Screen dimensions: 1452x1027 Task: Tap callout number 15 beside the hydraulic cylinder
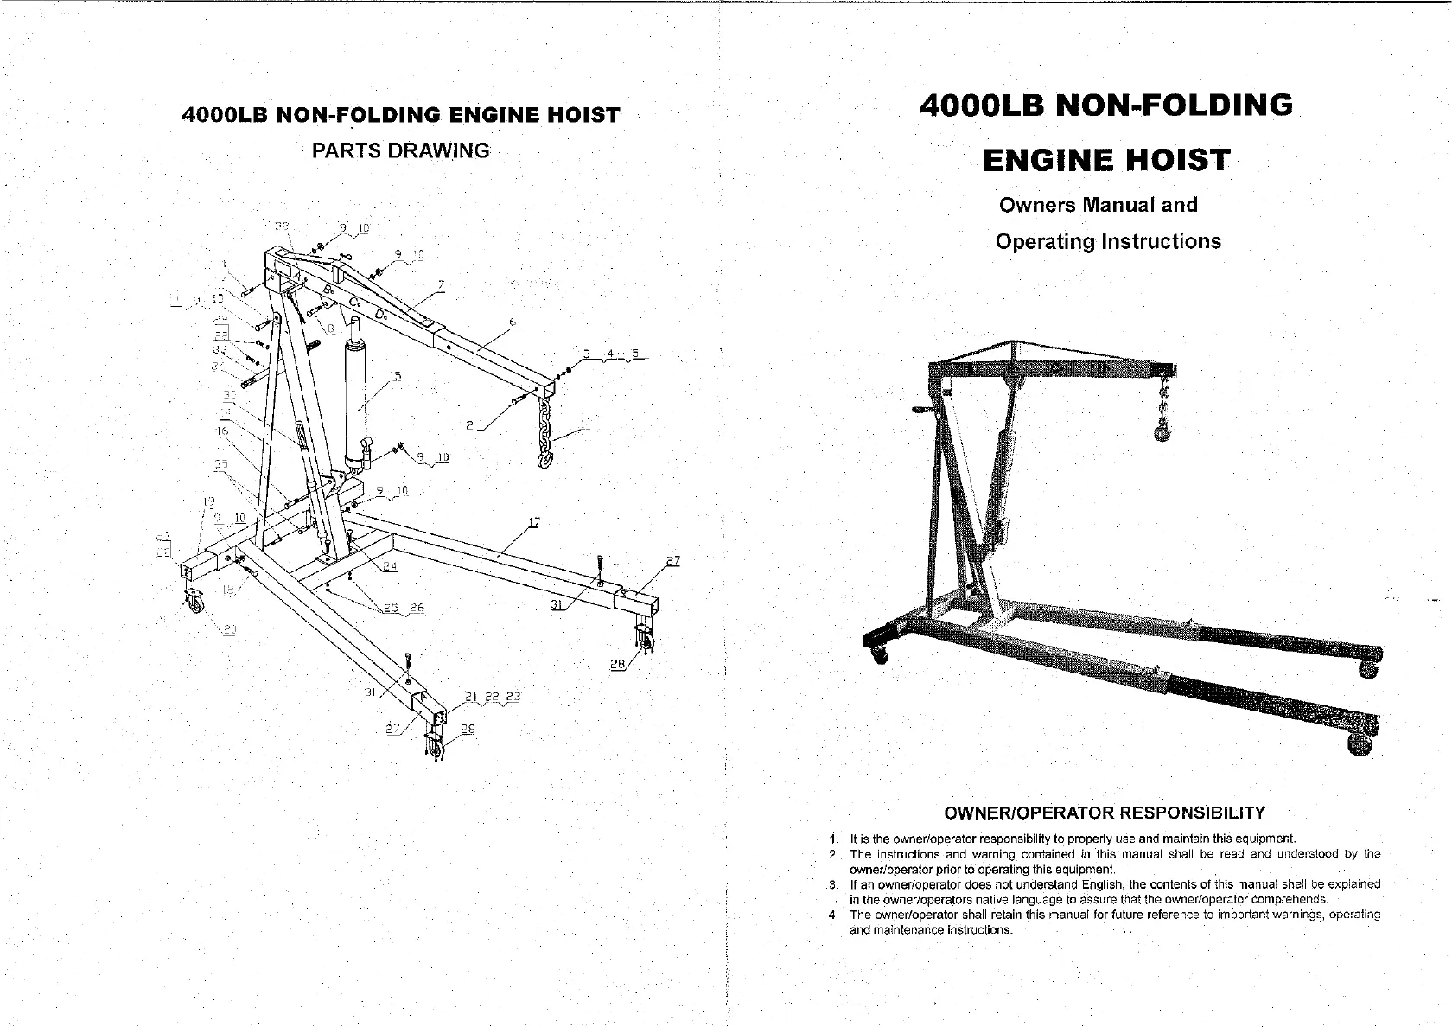(395, 376)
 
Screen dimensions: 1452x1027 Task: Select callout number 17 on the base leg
(533, 522)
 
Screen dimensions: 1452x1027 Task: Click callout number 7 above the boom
(441, 284)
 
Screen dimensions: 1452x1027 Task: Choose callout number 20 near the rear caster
(229, 629)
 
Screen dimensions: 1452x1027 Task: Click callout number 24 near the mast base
(390, 567)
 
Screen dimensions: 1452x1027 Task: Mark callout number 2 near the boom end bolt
(469, 425)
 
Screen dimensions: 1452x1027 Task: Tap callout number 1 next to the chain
(584, 424)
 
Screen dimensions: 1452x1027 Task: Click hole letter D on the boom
(380, 313)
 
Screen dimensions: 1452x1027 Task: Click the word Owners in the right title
(1036, 206)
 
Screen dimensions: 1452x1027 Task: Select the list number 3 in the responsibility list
(831, 884)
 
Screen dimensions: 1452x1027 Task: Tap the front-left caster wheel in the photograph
(880, 656)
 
